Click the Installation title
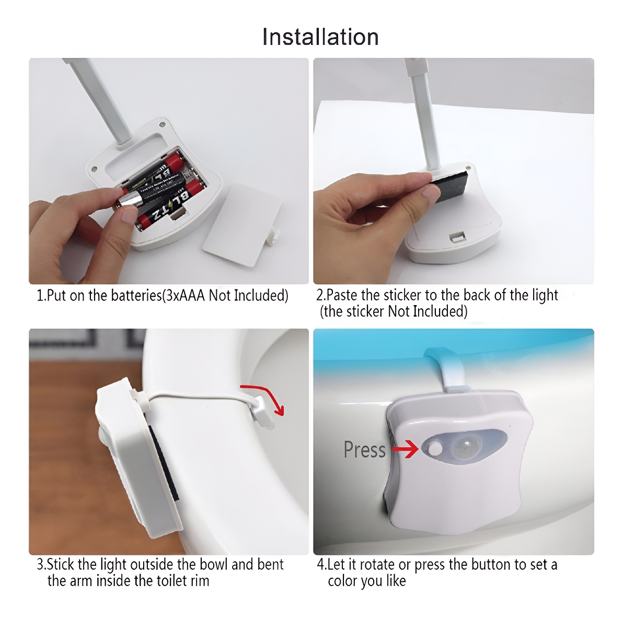[x=320, y=37]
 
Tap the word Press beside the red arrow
[x=364, y=450]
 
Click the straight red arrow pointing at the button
[x=405, y=449]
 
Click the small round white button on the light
[x=435, y=448]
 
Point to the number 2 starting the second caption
[x=319, y=296]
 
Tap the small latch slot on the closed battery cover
[x=457, y=237]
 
